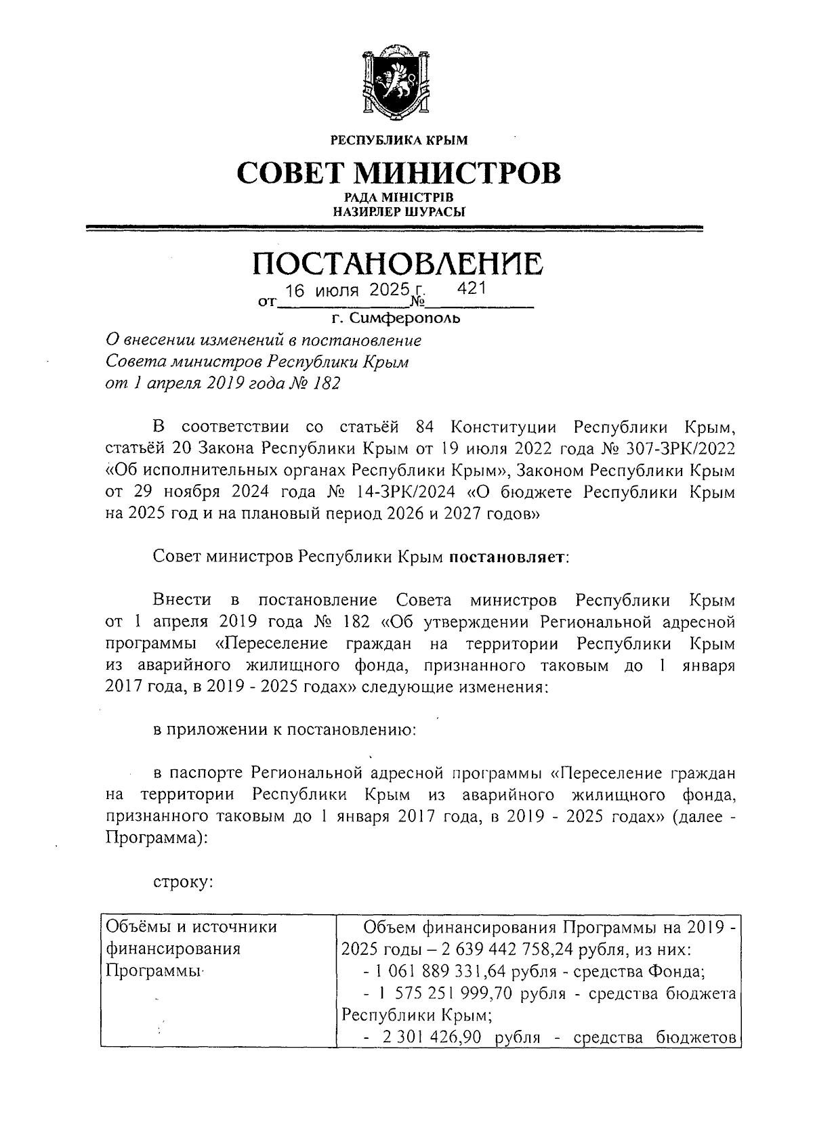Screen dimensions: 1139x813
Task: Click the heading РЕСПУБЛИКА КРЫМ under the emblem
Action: tap(398, 141)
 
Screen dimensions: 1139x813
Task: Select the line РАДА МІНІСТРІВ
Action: tap(398, 198)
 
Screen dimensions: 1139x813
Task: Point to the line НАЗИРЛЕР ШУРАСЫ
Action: tap(398, 211)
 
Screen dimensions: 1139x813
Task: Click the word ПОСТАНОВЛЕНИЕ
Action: tap(398, 263)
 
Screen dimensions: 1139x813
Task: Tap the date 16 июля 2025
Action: tap(343, 291)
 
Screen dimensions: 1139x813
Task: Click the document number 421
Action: tap(472, 289)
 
